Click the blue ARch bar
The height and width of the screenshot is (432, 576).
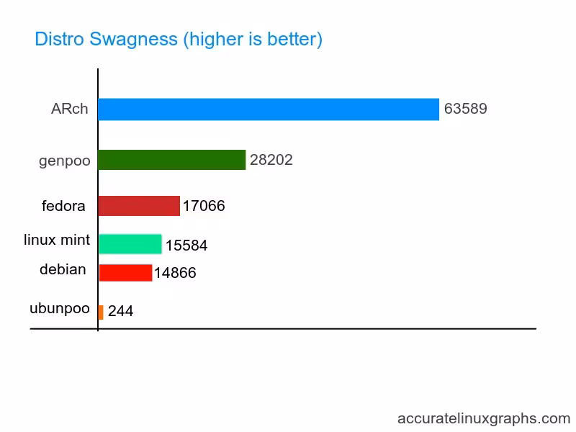[268, 109]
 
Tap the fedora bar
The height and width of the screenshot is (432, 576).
[138, 206]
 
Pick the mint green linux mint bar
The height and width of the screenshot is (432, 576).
[130, 244]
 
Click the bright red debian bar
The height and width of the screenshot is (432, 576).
[125, 273]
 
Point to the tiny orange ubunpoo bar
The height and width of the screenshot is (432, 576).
[101, 312]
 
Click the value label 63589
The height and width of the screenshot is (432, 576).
[466, 109]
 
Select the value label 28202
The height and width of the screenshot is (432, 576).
[271, 160]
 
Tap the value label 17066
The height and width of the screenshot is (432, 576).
[204, 206]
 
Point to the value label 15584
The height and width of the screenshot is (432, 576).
[186, 246]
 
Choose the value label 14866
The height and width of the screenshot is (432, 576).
[175, 274]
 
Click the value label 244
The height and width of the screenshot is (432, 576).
[120, 312]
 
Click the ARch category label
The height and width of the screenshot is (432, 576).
[70, 109]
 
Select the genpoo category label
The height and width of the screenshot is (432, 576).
[65, 161]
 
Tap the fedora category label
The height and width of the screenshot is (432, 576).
[63, 206]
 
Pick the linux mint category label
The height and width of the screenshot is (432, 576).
[57, 239]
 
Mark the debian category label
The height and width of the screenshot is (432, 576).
[63, 269]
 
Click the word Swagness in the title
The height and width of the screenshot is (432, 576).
[134, 39]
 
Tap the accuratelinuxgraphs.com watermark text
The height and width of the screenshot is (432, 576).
[484, 418]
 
